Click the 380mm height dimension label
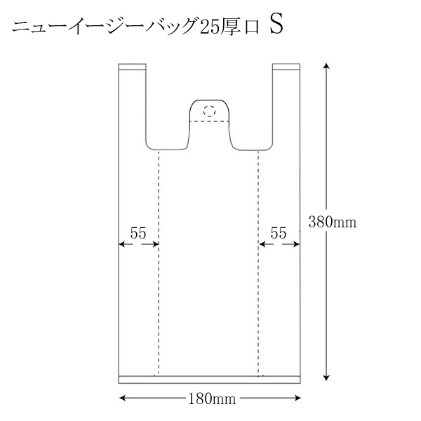pos(333,222)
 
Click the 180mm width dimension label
pos(212,399)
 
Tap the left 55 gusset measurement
pos(138,233)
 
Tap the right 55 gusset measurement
pos(279,233)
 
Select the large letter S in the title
pos(276,25)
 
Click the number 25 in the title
pos(208,27)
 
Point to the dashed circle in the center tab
pos(209,111)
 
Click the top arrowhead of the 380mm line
pos(326,66)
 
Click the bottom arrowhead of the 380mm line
pos(326,377)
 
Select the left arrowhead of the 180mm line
pos(122,398)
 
